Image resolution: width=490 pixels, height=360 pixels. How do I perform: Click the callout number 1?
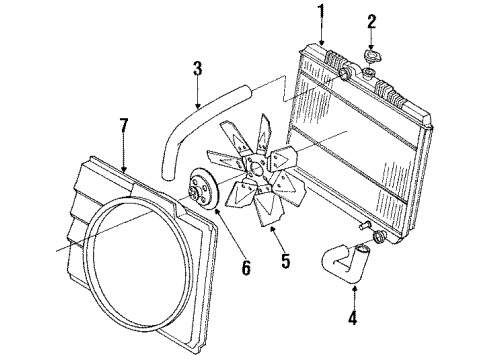[323, 11]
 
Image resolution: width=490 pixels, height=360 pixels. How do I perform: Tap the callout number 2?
[371, 21]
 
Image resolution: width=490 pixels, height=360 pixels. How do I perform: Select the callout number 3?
[197, 69]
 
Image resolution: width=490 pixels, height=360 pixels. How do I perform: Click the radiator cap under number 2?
[372, 71]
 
